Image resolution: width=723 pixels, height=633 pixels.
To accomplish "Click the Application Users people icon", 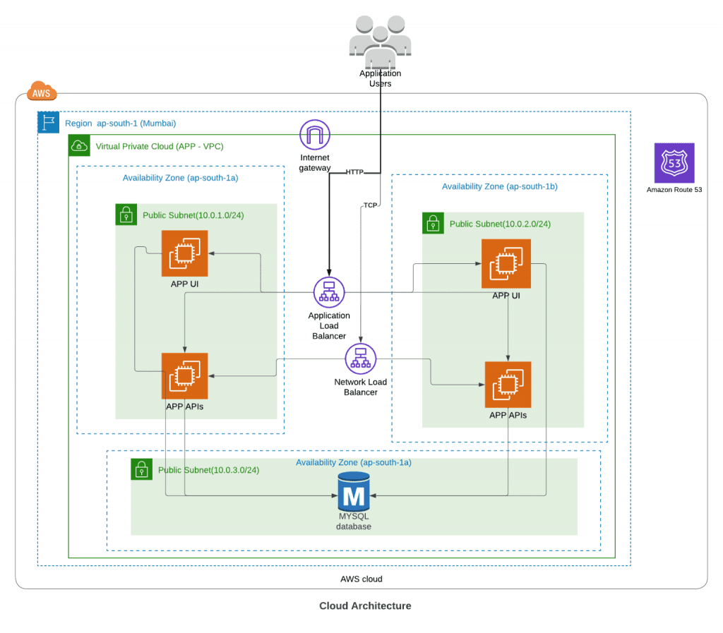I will pos(380,40).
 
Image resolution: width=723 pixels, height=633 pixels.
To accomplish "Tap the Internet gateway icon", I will pos(315,135).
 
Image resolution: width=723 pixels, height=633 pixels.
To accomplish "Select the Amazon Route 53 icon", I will pos(674,163).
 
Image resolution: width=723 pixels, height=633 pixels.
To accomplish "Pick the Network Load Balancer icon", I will pos(360,358).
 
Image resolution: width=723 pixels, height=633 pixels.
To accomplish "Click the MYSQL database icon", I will pos(353,492).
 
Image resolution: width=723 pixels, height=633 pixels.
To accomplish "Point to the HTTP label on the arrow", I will pos(354,172).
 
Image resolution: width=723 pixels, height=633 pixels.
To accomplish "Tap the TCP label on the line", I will pos(370,205).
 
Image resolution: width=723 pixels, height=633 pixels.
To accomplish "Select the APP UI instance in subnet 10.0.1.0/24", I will pos(184,254).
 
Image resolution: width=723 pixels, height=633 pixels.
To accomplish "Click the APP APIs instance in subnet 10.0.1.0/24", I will pos(184,376).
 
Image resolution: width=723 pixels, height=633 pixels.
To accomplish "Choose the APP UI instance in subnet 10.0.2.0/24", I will pos(506,263).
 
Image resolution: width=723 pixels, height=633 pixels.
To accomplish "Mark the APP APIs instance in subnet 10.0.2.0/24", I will pos(508,385).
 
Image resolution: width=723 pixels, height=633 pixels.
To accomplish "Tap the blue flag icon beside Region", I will pos(48,122).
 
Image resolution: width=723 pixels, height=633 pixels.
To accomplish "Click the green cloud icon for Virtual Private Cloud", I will pos(78,146).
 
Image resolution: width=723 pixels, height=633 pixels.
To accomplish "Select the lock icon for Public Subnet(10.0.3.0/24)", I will pos(141,469).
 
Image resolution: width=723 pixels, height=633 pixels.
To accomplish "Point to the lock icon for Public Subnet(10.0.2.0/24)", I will pos(433,223).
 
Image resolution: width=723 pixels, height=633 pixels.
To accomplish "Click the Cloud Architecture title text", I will pos(365,605).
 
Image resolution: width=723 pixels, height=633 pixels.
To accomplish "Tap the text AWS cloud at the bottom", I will pos(361,579).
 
